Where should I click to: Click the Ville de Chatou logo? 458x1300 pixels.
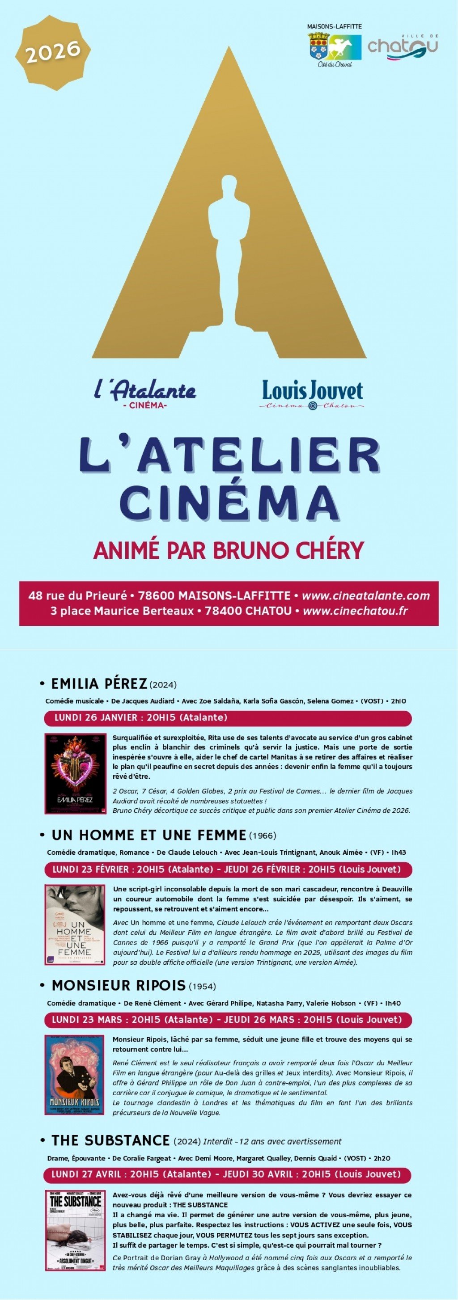click(x=403, y=47)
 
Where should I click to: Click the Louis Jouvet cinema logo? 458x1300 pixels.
click(x=312, y=394)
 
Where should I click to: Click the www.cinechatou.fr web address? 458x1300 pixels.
click(x=355, y=611)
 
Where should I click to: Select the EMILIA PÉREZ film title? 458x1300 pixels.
click(x=99, y=684)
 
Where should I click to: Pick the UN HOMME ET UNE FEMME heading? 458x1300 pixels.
click(x=149, y=835)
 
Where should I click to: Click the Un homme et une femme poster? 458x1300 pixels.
click(x=75, y=924)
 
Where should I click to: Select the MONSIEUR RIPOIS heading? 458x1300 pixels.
click(x=119, y=985)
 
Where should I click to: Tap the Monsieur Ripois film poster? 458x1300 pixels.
click(x=75, y=1074)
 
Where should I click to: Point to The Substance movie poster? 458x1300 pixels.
click(x=76, y=1229)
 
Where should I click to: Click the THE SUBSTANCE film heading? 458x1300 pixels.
click(x=110, y=1140)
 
